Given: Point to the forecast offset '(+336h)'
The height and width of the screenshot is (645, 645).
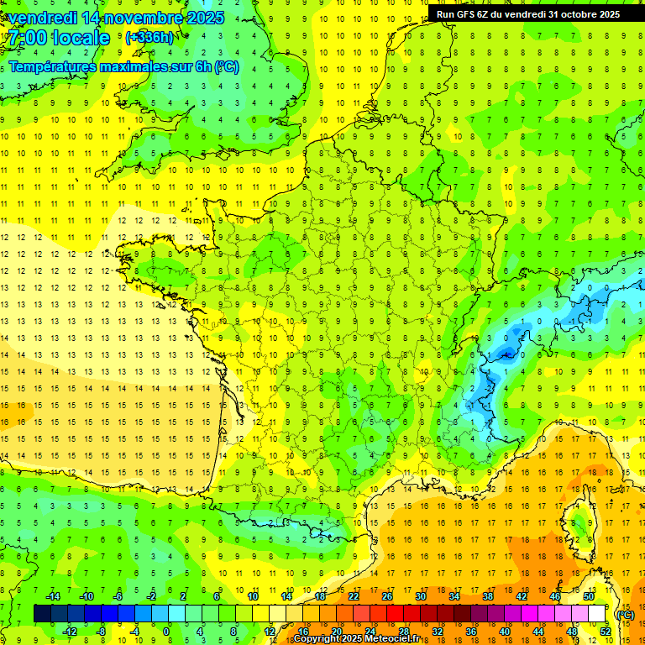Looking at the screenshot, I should click(x=149, y=38).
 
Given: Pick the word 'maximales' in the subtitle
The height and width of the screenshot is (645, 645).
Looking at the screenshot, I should click(x=145, y=66).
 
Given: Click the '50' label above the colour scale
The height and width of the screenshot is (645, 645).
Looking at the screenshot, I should click(x=588, y=596).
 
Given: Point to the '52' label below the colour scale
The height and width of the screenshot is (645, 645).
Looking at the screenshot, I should click(x=605, y=631).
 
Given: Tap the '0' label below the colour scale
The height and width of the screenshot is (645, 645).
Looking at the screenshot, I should click(x=166, y=631).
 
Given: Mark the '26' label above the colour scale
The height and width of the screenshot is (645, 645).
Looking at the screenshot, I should click(x=386, y=596).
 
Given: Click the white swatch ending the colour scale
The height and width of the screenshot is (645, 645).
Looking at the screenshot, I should click(x=597, y=614).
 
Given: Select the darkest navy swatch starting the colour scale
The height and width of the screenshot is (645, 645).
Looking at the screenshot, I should click(x=42, y=614).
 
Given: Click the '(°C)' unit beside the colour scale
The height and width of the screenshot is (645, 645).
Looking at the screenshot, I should click(x=624, y=614).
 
